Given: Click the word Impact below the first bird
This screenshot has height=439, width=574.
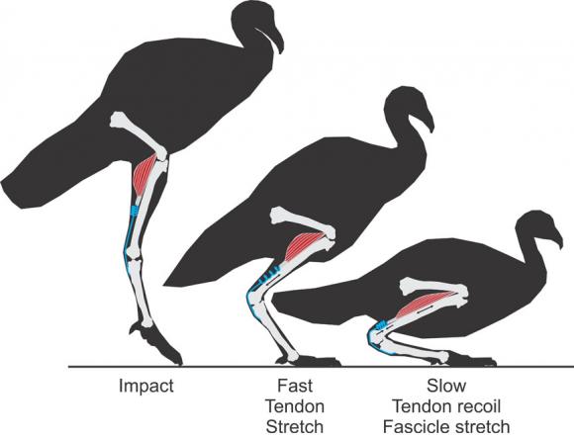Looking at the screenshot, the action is (146, 387).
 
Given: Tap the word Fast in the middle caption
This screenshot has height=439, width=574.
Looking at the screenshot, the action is (295, 386).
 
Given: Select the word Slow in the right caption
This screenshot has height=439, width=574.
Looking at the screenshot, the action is (446, 386).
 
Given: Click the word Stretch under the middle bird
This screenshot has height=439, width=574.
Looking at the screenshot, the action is (295, 426).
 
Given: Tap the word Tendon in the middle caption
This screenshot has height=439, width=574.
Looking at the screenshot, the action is (295, 406).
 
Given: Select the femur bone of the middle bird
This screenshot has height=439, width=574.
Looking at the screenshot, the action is (302, 222).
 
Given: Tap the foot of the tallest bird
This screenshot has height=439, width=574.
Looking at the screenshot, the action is (157, 344).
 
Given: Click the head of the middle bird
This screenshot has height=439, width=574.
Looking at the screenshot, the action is (407, 106).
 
